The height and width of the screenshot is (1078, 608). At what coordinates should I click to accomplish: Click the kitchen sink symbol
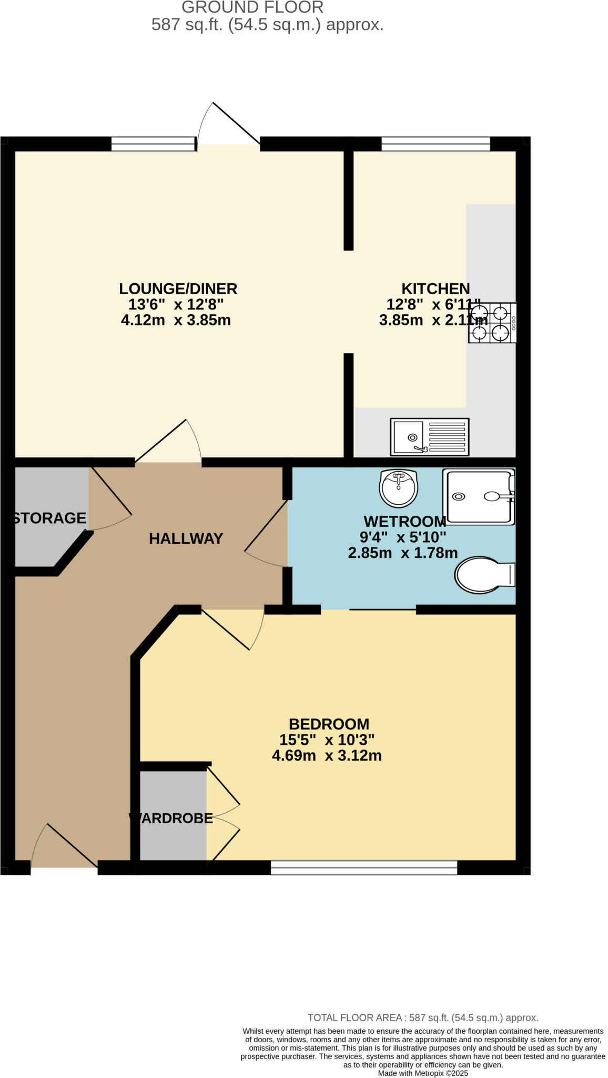coord(429,437)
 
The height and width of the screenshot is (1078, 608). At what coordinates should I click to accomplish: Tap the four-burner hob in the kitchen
coord(492,323)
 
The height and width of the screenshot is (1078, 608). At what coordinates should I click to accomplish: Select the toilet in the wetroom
coord(484,575)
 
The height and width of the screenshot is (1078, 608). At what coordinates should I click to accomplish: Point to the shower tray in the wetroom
coord(478,496)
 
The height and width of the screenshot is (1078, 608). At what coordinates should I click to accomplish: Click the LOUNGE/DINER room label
coord(178,288)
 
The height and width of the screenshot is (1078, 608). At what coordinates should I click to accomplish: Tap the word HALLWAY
coord(186,538)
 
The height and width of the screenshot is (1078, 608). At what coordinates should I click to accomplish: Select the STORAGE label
coord(49,518)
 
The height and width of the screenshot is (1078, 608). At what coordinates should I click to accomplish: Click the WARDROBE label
coord(171,818)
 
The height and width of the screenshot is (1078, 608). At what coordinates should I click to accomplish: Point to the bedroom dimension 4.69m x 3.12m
coord(327,756)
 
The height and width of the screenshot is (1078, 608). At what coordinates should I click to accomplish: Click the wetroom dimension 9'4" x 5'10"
coord(402,537)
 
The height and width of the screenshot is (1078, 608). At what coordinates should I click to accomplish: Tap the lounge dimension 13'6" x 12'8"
coord(176,304)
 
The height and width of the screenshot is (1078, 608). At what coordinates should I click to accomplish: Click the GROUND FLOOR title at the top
coord(252,7)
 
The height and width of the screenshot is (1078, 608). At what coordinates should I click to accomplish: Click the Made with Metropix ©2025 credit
coord(423,1073)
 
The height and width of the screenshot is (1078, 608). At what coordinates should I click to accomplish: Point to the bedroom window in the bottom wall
coord(363,867)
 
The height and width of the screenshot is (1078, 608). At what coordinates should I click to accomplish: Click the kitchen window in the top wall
coord(435,144)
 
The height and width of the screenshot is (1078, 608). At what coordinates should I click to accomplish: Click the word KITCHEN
coord(435,288)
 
